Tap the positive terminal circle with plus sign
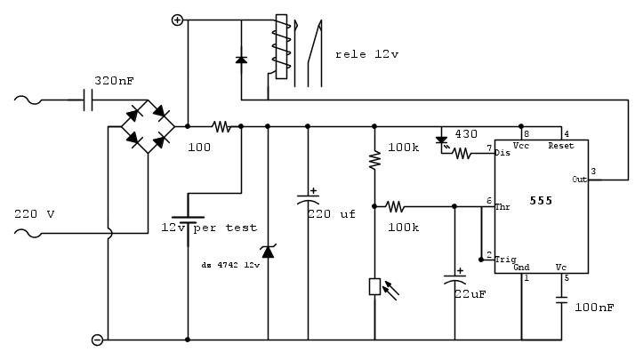177,20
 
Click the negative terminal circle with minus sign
99,339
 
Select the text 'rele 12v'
367,54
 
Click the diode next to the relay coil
241,60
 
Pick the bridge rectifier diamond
148,125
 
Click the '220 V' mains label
35,213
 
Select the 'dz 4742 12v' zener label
230,265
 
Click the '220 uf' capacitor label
331,213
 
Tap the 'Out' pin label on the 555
580,180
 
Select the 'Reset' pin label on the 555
561,145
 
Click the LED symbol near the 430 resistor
442,139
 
